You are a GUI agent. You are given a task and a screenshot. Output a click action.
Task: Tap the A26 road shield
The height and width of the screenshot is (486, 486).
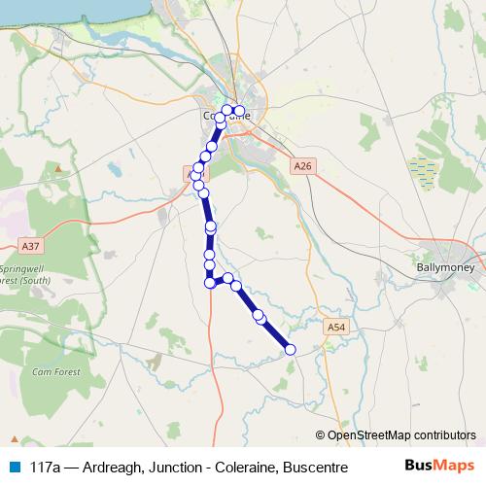tap(302, 167)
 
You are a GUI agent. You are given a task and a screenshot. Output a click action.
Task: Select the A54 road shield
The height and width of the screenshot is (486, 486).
tap(336, 327)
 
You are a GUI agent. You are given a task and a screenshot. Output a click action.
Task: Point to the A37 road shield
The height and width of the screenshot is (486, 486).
tap(31, 246)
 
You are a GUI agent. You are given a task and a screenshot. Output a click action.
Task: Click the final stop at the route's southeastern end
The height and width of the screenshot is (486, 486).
tap(290, 349)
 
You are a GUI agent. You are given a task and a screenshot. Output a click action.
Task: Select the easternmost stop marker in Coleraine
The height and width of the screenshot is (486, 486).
tap(239, 110)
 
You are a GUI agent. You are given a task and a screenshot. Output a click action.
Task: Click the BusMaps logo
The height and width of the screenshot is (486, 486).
tap(439, 467)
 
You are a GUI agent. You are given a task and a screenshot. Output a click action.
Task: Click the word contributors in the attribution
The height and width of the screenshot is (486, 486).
tap(443, 435)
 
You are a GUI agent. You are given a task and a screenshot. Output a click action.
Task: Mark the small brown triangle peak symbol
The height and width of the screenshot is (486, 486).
tap(60, 168)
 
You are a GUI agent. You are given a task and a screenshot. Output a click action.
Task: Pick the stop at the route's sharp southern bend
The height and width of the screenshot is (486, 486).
tap(209, 283)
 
